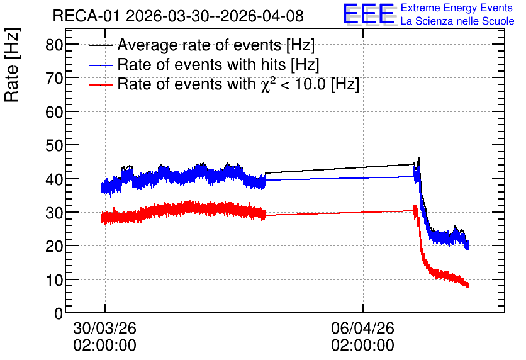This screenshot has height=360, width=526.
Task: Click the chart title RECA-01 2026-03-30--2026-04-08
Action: click(178, 16)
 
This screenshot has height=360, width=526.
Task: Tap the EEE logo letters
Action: click(369, 14)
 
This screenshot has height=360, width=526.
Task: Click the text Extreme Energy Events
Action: click(457, 8)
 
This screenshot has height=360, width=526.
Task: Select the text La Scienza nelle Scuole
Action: click(457, 21)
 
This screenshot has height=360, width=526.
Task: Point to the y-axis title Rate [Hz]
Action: click(12, 65)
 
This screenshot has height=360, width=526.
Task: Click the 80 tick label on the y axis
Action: click(54, 45)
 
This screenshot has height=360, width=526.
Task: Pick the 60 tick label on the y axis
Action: click(54, 112)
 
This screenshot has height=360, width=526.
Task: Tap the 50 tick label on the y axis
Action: click(54, 145)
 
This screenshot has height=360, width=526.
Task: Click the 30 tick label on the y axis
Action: click(54, 213)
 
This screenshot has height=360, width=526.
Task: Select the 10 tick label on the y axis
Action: click(54, 280)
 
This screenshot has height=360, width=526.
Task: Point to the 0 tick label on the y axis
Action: click(59, 313)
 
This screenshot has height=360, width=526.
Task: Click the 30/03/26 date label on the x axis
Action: click(104, 328)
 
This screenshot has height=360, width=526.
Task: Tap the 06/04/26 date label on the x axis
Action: click(362, 328)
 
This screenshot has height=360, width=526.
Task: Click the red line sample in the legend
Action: click(101, 85)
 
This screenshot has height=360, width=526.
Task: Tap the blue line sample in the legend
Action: click(101, 65)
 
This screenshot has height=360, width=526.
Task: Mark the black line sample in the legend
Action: click(101, 45)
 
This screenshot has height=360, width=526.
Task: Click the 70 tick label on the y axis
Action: click(54, 79)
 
